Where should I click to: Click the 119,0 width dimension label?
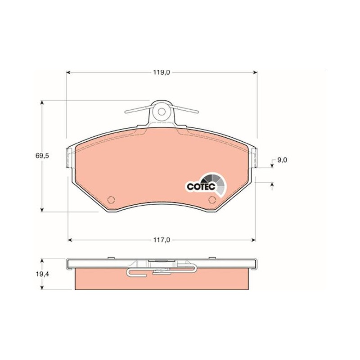162,72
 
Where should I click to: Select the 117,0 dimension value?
162,240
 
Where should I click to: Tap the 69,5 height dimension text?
42,156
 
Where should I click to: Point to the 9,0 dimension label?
282,160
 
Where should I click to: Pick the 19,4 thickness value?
43,274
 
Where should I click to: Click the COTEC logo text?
201,186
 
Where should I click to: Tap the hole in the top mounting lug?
162,112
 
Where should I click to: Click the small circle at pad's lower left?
111,200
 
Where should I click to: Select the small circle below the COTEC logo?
212,200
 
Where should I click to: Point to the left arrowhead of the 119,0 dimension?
68,72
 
